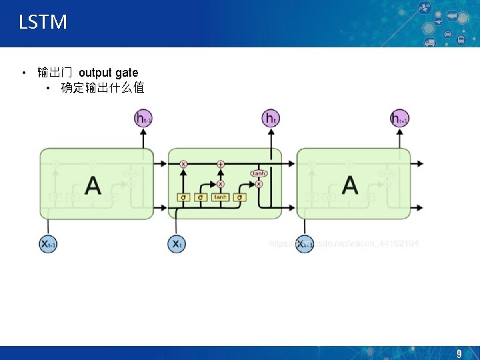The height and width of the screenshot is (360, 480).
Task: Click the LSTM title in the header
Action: coord(43,22)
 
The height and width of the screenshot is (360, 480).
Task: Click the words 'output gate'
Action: coord(109,73)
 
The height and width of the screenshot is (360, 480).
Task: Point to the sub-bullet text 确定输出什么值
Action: coord(103,88)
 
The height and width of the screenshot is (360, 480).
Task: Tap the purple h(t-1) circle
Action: coord(143,119)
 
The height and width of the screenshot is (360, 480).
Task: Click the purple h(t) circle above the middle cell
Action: coord(271,119)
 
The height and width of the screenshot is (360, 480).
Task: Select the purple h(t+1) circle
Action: coord(399,119)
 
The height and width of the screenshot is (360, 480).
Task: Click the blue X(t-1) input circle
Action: coord(48,244)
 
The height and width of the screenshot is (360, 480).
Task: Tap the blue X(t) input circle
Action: coord(177,244)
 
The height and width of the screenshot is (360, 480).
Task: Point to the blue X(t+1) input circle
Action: coord(304,244)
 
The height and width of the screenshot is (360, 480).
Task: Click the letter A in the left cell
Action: coord(93,185)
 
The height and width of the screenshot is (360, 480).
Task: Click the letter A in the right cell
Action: coord(349,185)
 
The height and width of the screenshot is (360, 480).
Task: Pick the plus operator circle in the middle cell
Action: coord(221,163)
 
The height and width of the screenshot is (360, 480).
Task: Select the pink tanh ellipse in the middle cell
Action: coord(259,173)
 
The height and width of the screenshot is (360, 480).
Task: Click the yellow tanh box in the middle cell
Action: coord(220,197)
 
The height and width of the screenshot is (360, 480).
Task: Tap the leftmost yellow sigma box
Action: coord(183,197)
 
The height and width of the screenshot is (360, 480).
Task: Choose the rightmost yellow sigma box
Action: coord(240,197)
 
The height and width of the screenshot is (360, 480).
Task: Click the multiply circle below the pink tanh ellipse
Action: coord(259,184)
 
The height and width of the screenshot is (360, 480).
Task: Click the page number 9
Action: coord(459,354)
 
